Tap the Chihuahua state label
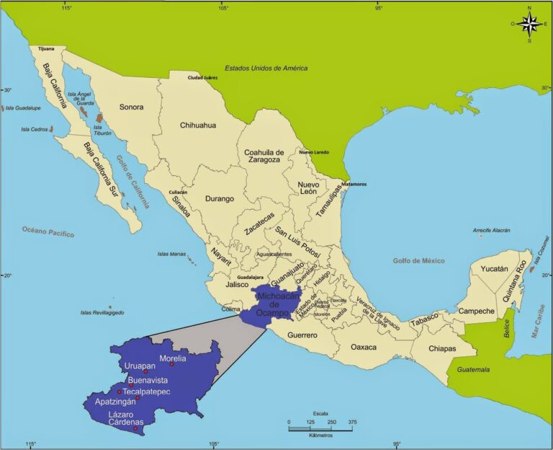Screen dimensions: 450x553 coord(198,125)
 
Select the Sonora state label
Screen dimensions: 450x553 coord(131,107)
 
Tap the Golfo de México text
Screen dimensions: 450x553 coord(418,260)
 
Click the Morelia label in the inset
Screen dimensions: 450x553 coord(173,358)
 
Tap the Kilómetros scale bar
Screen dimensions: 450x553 coord(320,428)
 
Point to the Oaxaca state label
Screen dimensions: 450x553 coord(364,347)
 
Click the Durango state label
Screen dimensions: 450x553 coord(220,198)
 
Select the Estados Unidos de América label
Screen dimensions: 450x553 coord(266,69)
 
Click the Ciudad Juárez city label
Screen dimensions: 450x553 coord(204,77)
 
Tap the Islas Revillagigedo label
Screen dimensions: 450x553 coord(102,312)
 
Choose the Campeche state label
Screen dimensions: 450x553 coord(476,312)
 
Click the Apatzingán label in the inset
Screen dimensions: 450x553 coord(115,401)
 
